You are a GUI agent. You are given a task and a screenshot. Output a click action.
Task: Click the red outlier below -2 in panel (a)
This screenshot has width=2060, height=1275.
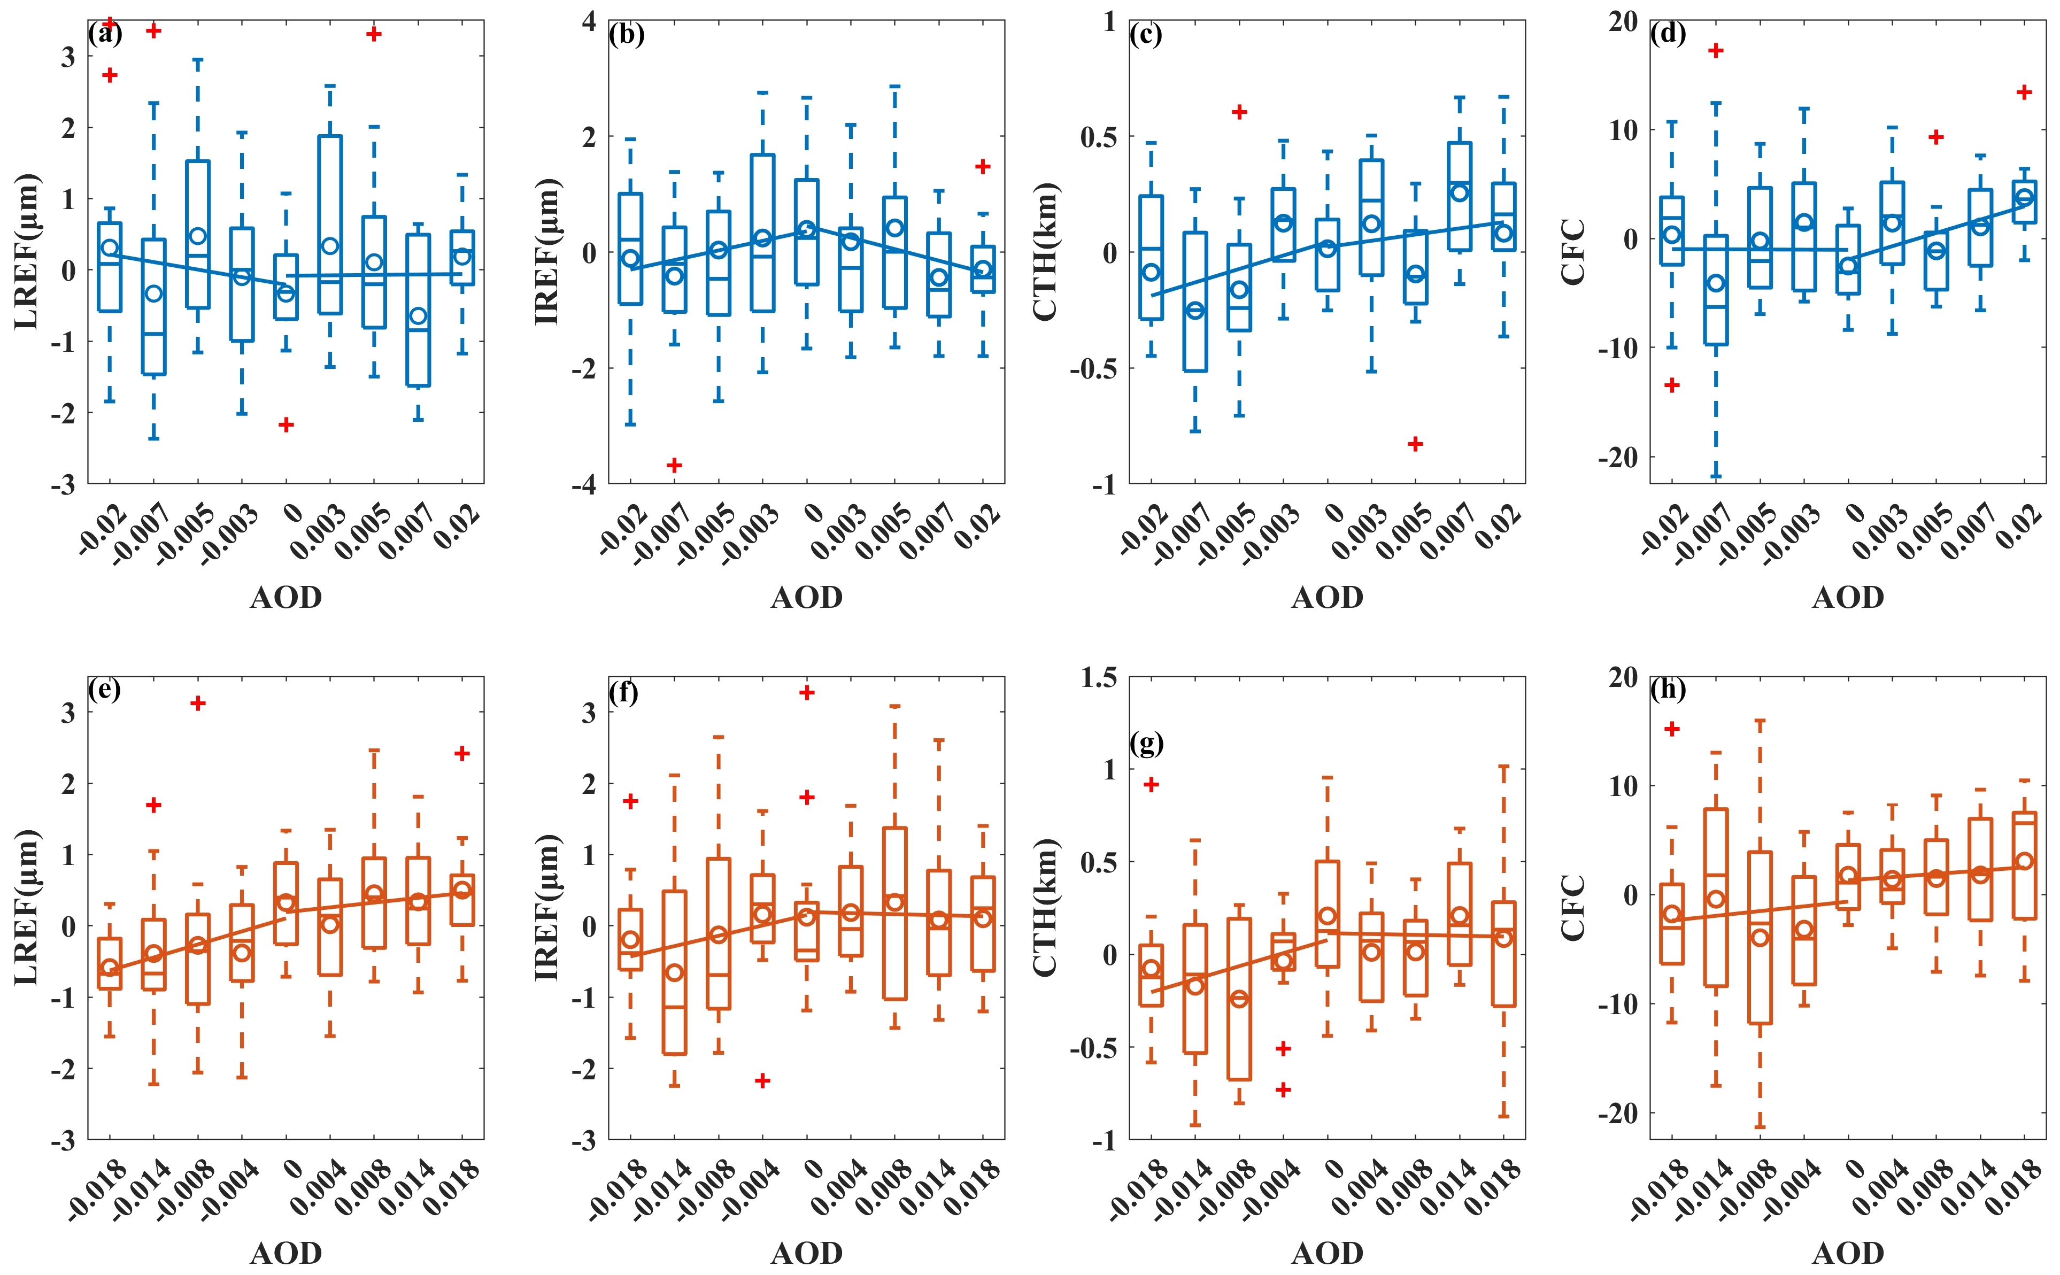pos(287,424)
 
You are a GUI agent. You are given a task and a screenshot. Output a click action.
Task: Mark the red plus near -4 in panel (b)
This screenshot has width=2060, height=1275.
pos(675,465)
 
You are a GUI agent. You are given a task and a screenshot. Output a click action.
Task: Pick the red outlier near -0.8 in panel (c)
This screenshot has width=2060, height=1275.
pos(1416,444)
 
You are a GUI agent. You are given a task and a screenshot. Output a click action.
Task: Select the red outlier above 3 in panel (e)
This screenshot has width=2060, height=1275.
pos(198,704)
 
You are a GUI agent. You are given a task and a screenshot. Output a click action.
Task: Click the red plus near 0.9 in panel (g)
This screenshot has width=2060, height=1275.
pos(1151,784)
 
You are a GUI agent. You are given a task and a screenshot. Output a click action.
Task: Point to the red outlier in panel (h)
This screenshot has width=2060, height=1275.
pos(1672,729)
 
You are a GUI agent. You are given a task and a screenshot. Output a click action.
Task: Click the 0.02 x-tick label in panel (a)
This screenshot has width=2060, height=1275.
pos(456,527)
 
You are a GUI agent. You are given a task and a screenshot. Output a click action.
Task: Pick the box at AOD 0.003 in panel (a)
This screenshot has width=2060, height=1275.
pos(330,225)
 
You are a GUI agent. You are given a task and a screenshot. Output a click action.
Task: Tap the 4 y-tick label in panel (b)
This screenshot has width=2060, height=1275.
pos(589,21)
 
